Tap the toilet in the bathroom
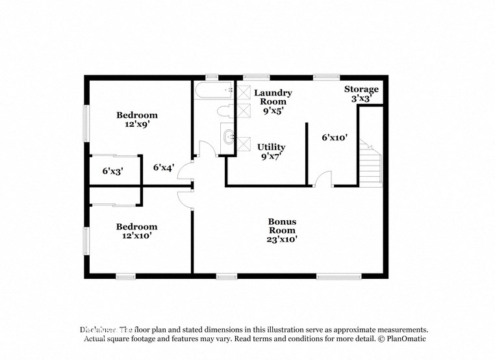[x=224, y=110]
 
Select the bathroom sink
[x=228, y=137]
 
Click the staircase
[x=370, y=166]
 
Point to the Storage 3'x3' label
[x=361, y=94]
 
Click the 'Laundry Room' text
[x=273, y=97]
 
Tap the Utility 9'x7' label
[x=271, y=151]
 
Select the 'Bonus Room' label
[x=283, y=225]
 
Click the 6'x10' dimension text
[x=335, y=138]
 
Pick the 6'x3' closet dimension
[x=113, y=172]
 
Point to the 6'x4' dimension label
[x=164, y=168]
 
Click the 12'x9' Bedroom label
[x=137, y=119]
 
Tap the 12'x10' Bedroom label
[x=136, y=231]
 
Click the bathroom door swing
[x=207, y=149]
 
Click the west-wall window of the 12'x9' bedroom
[x=86, y=123]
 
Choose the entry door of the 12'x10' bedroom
[x=186, y=199]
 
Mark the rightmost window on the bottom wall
[x=338, y=276]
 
